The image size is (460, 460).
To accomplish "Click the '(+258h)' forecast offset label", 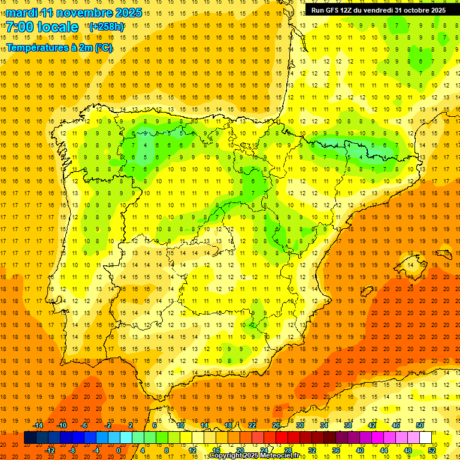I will [x=107, y=27].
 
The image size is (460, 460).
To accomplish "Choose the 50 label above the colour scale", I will [x=420, y=425].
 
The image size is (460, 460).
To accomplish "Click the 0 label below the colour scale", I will [x=119, y=450].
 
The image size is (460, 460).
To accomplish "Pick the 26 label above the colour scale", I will [x=276, y=425].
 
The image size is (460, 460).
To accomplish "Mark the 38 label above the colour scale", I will [x=348, y=425].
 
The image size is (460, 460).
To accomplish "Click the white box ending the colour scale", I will [x=425, y=438].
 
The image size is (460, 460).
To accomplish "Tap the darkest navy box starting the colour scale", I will [x=30, y=438].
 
